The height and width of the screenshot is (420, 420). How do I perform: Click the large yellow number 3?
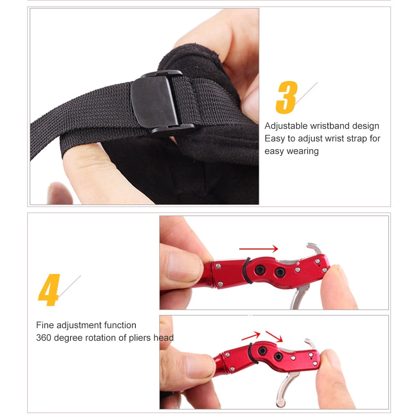(x=287, y=97)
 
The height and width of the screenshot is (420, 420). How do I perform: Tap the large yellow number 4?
(x=49, y=290)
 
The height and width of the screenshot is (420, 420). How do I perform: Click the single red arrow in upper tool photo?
(x=258, y=249)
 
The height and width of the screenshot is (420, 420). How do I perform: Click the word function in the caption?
(x=119, y=325)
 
